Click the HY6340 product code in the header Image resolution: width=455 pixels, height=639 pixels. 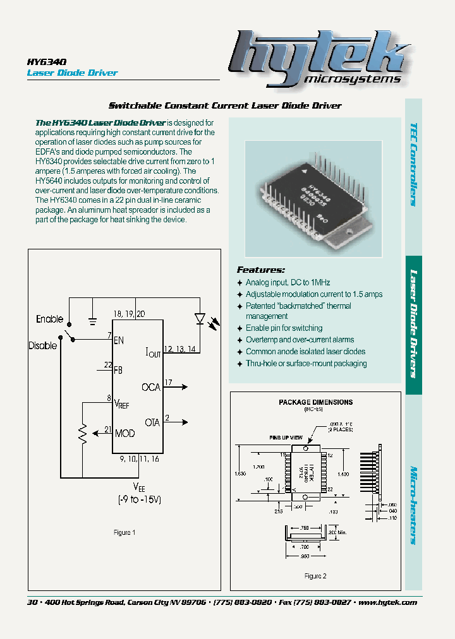[43, 62]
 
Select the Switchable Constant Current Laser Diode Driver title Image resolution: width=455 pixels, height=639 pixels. [225, 105]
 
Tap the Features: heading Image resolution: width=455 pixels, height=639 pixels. [260, 270]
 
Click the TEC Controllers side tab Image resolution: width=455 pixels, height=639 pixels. [413, 164]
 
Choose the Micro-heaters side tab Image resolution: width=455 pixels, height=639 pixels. [413, 505]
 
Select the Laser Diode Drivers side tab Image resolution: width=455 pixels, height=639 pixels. [413, 323]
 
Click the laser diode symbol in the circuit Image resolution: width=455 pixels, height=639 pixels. [200, 319]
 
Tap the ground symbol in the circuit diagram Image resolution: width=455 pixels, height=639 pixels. [93, 321]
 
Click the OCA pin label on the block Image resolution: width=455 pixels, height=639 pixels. [151, 387]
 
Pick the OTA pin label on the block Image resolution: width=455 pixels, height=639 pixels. [152, 422]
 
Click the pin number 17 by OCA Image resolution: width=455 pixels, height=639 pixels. [168, 383]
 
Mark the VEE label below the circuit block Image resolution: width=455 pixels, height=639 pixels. [138, 486]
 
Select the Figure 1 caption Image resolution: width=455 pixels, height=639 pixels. [124, 532]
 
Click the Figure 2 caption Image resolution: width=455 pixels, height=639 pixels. [315, 576]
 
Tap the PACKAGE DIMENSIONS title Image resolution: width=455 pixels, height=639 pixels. [315, 402]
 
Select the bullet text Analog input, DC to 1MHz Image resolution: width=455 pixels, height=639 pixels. [288, 283]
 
